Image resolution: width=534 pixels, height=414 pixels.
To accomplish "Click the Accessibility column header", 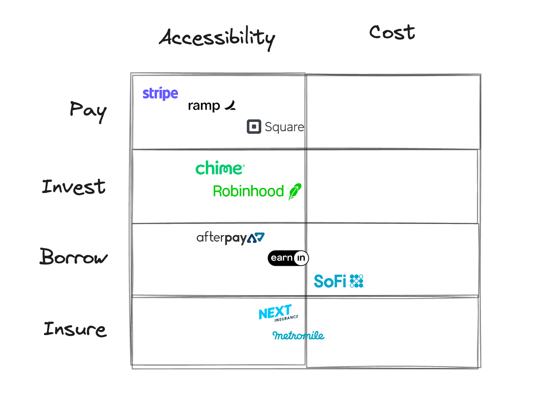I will pos(217,38).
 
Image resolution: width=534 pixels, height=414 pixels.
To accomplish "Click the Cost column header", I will pos(392,32).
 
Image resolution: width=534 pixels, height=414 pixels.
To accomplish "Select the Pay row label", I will pos(88,111).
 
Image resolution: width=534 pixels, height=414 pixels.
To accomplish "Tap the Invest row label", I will pos(74,187).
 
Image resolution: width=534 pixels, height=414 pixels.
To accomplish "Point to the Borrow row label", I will pos(74,257).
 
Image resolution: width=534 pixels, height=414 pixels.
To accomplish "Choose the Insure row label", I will pos(75,329).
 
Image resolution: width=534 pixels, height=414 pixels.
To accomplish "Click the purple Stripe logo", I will pos(160,93).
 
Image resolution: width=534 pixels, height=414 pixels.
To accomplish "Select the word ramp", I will pos(204,106).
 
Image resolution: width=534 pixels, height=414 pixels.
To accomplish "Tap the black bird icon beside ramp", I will pos(230,105).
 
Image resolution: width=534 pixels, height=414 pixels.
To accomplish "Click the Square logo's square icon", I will pos(254,127).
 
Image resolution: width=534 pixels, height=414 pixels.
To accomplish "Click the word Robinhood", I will pos(248,191).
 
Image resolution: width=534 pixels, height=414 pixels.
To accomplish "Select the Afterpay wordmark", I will pos(221,238).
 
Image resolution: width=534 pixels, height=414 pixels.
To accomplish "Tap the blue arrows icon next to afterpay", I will pos(256,238).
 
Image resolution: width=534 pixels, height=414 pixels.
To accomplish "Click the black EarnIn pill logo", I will pos(288,258).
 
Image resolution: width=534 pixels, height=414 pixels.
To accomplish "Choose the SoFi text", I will pos(330,281).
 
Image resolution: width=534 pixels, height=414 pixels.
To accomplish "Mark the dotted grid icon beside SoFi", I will pos(356,281).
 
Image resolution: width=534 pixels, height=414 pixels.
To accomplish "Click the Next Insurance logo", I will pos(278,313).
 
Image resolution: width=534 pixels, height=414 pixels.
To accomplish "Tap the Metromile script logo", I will pos(298,336).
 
